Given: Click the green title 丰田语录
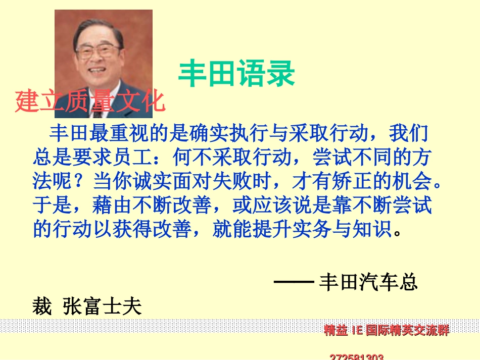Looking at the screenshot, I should coord(236,74).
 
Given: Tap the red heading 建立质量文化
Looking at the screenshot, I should coord(90,101).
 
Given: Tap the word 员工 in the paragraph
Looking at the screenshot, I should coord(140,158).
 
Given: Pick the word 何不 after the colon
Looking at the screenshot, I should coord(190,158).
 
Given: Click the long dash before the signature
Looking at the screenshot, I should coord(294,282).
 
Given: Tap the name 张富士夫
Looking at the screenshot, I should coord(102,306).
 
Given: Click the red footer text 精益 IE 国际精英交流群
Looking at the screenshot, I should coord(386,330).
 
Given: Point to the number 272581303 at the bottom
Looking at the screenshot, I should coord(356,356).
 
